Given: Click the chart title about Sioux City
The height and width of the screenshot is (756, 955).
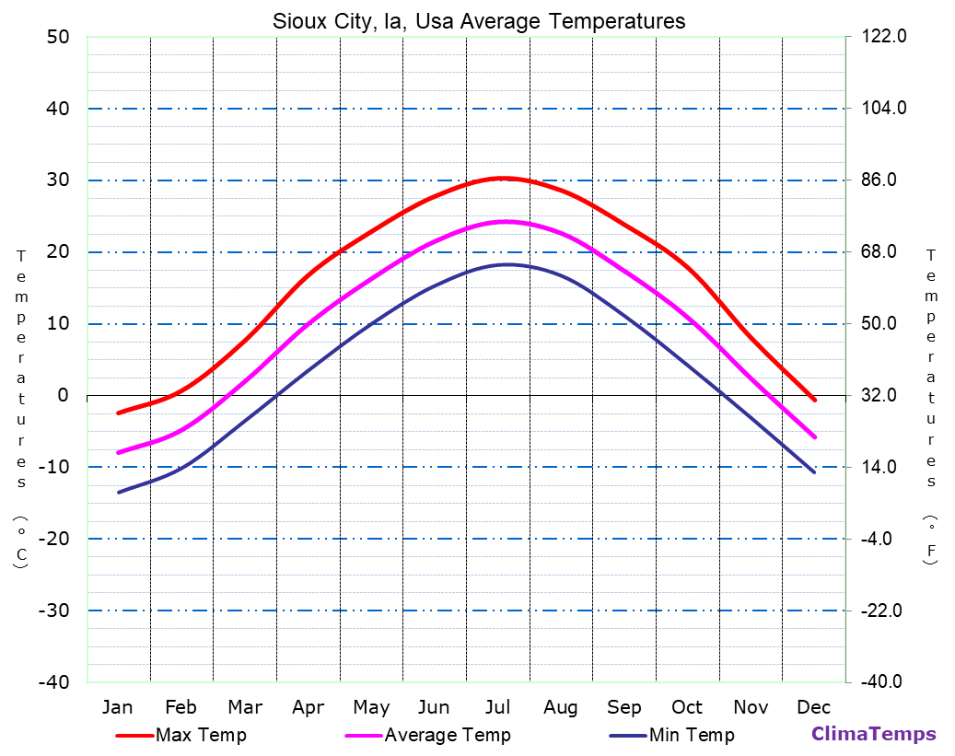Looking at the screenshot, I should (479, 21).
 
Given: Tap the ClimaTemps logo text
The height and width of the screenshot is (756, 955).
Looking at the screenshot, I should (873, 734).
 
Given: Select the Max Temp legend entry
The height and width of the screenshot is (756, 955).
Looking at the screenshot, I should (201, 735).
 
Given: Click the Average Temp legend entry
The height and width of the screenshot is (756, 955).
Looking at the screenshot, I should (447, 735).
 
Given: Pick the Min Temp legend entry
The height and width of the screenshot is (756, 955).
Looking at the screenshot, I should (691, 735).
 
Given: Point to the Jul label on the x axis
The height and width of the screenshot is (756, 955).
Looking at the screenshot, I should (497, 707).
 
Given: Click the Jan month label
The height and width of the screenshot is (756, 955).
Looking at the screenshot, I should (117, 707).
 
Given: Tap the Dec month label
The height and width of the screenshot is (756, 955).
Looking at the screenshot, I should (814, 707).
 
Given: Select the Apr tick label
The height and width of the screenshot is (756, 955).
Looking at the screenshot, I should (308, 707).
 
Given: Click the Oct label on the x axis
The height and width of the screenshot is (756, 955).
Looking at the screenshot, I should (687, 707).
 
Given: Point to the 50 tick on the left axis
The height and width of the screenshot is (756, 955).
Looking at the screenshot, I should (58, 37).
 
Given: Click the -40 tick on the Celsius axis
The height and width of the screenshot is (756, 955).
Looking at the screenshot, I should (52, 682).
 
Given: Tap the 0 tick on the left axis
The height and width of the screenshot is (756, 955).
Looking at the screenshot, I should (64, 396).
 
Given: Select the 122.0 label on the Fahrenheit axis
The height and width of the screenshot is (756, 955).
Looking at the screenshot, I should (885, 37).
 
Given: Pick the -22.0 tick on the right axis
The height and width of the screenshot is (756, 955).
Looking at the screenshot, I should (881, 611).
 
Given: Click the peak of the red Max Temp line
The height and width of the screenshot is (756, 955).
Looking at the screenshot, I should (502, 178).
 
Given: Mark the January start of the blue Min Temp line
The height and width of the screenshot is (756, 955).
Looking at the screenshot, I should (118, 493).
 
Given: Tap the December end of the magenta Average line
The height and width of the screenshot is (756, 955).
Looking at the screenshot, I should (815, 437).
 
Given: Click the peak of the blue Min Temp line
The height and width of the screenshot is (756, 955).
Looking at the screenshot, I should (507, 264).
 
